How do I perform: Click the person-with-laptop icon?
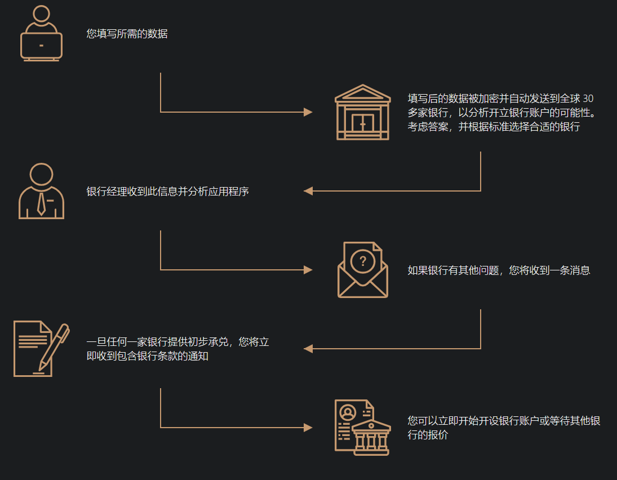41,34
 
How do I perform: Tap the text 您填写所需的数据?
127,34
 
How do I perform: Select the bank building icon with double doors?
362,113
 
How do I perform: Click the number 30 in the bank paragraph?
588,98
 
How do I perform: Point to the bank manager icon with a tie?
41,192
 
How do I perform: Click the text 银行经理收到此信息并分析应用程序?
167,192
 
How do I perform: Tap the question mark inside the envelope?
363,261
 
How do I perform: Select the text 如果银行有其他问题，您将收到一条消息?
499,270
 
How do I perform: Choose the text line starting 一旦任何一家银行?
177,342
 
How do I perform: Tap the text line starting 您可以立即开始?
504,421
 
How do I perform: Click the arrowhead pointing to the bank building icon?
308,112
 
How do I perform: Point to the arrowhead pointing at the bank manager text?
308,191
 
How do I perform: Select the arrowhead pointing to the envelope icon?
308,270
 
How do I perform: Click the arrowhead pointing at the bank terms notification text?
308,349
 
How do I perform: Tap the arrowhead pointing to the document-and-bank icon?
308,428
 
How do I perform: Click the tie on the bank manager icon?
41,203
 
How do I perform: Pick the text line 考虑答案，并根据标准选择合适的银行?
494,127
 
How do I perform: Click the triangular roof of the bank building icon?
362,92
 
